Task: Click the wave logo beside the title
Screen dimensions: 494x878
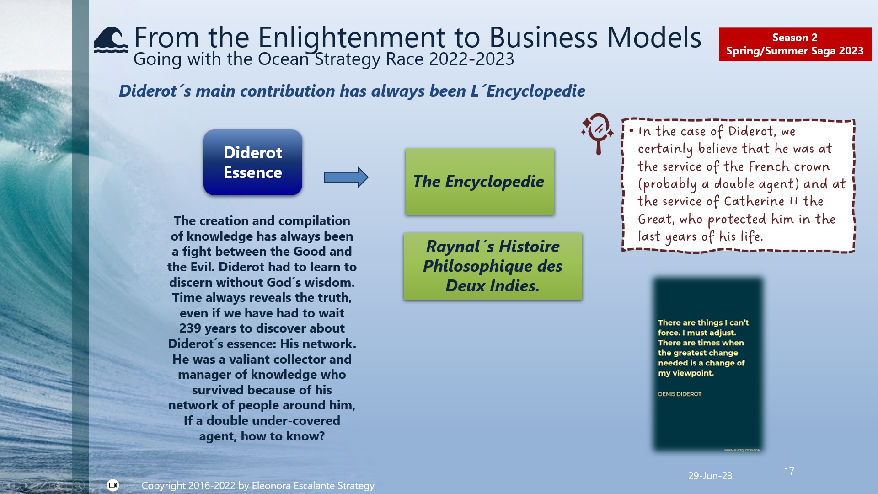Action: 111,40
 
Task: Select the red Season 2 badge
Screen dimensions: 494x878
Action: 795,44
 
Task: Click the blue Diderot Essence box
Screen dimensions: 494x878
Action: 252,162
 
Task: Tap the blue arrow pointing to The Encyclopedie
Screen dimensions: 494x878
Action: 346,177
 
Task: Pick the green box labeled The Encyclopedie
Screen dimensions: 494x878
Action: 479,181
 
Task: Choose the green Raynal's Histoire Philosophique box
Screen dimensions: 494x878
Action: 493,266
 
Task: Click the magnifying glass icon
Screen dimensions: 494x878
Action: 597,133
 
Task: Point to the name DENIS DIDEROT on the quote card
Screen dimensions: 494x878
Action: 680,394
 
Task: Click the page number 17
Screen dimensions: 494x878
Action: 789,471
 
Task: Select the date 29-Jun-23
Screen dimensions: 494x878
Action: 710,476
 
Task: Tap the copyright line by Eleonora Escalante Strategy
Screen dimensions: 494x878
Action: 258,485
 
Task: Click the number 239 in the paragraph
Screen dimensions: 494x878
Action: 190,328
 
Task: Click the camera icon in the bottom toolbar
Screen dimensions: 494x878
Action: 113,485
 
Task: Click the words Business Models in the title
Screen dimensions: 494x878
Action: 595,38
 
